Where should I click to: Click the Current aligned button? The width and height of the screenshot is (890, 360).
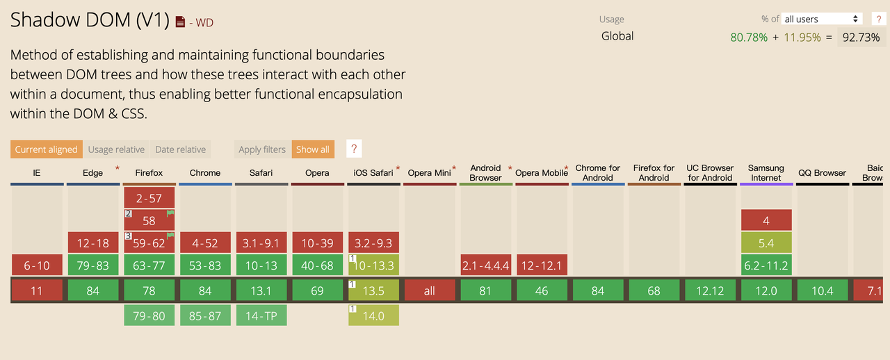[x=46, y=149]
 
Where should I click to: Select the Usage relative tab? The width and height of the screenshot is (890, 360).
[x=116, y=149]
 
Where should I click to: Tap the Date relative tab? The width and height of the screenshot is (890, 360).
[x=180, y=149]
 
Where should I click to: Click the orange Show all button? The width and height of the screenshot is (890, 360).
[x=312, y=149]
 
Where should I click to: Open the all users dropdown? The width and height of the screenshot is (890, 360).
[x=822, y=19]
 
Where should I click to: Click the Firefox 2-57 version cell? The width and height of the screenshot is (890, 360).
[x=149, y=198]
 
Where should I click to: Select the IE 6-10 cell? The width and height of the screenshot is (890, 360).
[x=37, y=265]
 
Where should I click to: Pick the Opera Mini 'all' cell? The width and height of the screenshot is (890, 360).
[x=430, y=291]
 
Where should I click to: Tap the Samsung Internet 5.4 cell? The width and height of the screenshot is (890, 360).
[x=766, y=243]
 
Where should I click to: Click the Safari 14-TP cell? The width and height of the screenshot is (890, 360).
[x=261, y=316]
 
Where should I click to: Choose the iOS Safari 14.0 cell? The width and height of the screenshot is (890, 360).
[x=373, y=316]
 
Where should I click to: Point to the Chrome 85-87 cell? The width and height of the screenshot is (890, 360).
[x=205, y=316]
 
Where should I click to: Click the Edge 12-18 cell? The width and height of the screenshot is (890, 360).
[x=93, y=243]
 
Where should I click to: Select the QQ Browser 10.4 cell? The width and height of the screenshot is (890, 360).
[x=822, y=291]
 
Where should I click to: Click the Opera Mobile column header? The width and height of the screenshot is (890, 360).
[x=541, y=173]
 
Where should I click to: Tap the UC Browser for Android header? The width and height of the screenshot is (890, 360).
[x=710, y=172]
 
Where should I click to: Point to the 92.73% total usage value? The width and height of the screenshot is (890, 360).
[x=861, y=37]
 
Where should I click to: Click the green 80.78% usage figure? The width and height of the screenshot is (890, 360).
[x=748, y=37]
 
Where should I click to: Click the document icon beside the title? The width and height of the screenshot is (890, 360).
[x=180, y=22]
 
